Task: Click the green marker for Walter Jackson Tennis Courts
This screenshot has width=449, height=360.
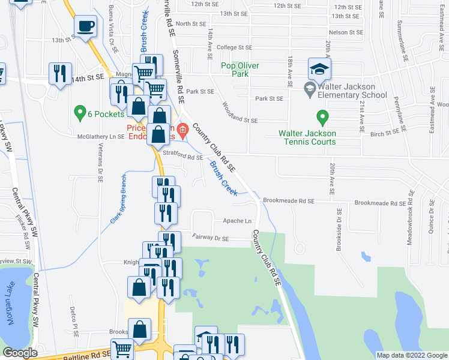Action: coord(322,117)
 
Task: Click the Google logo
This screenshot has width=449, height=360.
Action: coord(20,353)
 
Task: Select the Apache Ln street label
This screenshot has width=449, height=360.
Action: coord(237,221)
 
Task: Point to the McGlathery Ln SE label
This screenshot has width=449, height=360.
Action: coord(101,136)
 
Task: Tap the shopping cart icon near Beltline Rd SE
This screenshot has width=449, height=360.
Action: coord(122,348)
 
